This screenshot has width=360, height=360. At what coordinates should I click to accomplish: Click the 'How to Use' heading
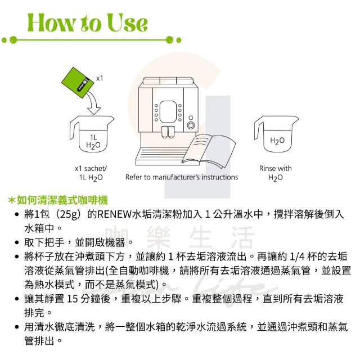pos(88,22)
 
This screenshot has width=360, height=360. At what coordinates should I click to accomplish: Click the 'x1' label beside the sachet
pos(100,79)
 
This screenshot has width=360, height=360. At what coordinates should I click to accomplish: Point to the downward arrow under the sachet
pos(93,102)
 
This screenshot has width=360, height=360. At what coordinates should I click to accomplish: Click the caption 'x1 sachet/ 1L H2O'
pos(91,173)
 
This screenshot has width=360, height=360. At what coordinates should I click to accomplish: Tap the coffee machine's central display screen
pos(168,112)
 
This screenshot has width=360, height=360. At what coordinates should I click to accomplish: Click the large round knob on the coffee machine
pos(191,125)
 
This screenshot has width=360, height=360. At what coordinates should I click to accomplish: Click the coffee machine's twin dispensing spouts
pos(168,133)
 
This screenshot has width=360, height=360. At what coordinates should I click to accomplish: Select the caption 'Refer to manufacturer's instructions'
pos(182,177)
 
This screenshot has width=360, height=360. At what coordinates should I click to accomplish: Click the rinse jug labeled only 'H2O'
pos(276,134)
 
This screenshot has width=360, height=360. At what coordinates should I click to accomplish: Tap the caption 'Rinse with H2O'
pos(276,173)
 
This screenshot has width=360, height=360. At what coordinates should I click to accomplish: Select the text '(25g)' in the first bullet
pos(67,215)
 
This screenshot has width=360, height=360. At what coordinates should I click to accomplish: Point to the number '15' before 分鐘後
pos(73,299)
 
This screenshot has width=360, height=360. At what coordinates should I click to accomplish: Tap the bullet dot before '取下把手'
pos(16,242)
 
